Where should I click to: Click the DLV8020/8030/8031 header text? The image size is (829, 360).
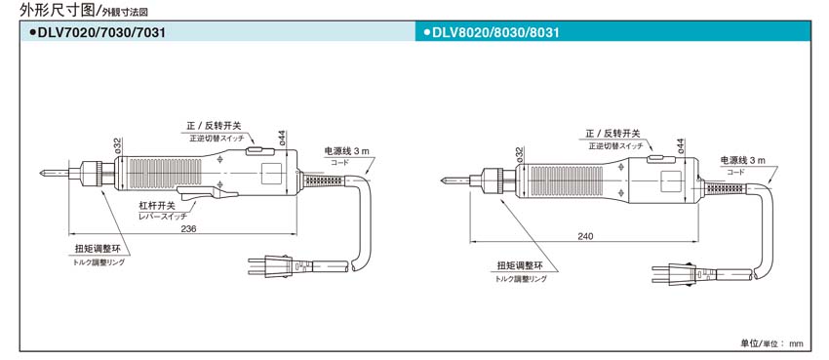tap(497, 33)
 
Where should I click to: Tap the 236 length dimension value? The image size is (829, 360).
tap(189, 228)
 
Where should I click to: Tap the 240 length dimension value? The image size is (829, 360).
tap(584, 236)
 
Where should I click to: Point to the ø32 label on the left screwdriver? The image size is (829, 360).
tap(117, 145)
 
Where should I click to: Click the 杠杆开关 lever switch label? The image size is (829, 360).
tap(157, 206)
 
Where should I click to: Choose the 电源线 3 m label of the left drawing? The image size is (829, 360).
tap(347, 150)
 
